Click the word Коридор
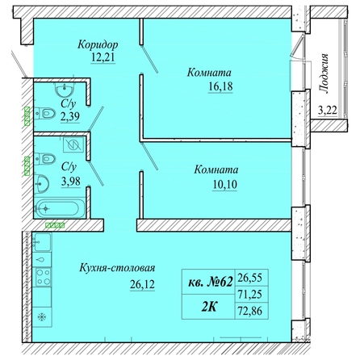pos(98,44)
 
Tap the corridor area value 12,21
pos(103,57)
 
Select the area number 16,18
pos(220,86)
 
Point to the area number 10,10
pos(225,185)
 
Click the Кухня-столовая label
pos(117,268)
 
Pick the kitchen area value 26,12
pos(142,284)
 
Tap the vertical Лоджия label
pos(324,73)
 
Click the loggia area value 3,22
pos(328,110)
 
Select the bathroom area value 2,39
pos(70,116)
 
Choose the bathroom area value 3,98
pos(71,182)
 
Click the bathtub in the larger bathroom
pos(60,208)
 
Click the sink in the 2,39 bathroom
pos(65,89)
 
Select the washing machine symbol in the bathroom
pos(73,144)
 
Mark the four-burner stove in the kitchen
pos(44,277)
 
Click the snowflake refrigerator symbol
pos(41,317)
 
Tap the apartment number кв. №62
pos(210,283)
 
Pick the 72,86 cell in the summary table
pos(250,311)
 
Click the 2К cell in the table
pos(209,307)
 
